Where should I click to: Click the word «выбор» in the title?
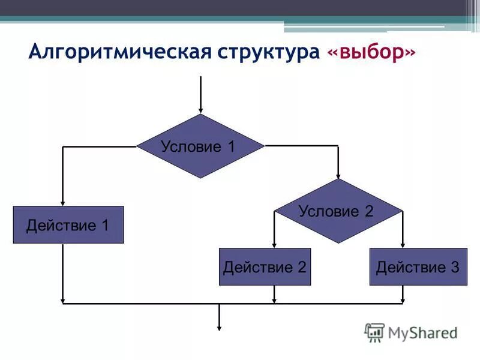(x=371, y=52)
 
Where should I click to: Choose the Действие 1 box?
(x=68, y=225)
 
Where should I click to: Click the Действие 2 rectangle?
(x=265, y=266)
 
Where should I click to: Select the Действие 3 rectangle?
(x=418, y=266)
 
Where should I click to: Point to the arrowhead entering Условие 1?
(x=200, y=110)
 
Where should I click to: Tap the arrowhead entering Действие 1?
(x=62, y=202)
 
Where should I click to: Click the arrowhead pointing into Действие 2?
(x=274, y=244)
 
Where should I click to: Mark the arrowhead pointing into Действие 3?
(x=403, y=244)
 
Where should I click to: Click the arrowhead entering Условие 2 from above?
(x=338, y=175)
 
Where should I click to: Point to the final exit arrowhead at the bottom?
(x=220, y=327)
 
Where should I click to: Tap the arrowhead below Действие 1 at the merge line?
(x=62, y=299)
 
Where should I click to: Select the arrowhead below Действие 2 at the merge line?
(x=274, y=299)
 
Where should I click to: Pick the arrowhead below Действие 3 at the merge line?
(x=403, y=299)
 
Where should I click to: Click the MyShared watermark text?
(x=422, y=332)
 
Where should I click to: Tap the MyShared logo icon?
(x=374, y=332)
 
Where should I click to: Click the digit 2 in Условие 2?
(x=368, y=211)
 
